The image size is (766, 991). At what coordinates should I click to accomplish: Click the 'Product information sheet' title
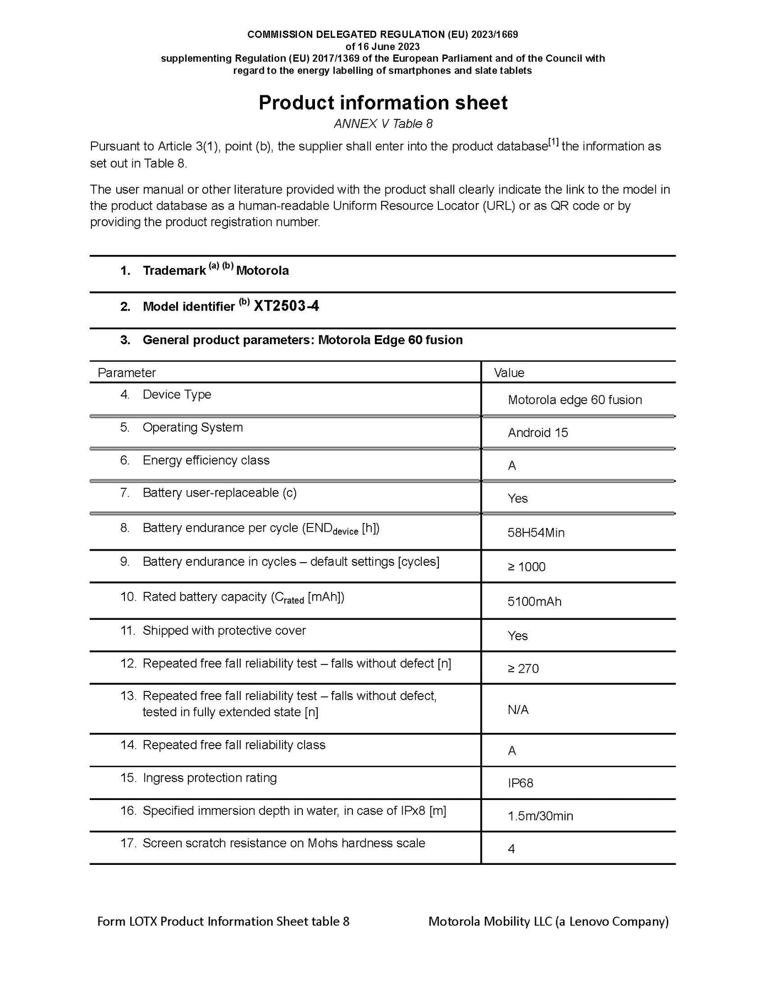(383, 103)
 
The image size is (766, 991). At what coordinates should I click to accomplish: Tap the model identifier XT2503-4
(286, 306)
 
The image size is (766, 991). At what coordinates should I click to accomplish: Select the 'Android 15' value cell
(537, 433)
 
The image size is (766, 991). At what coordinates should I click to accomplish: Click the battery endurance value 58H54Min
(536, 533)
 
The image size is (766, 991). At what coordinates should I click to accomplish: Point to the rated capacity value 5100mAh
(534, 602)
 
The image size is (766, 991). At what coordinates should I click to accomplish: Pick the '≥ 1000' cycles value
(526, 567)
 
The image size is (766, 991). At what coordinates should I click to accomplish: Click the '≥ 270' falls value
(523, 669)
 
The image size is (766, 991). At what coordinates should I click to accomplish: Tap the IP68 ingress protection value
(520, 783)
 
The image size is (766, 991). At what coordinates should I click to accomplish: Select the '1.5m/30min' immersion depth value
(540, 816)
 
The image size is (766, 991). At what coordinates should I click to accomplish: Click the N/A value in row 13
(518, 710)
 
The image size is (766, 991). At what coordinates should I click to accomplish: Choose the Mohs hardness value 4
(511, 849)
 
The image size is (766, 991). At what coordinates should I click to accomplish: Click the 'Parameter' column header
(127, 373)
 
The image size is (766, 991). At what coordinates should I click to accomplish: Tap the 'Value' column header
(509, 373)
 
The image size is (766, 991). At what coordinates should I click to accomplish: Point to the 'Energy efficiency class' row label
(206, 460)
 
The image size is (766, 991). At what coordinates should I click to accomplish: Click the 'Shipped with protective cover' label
(224, 630)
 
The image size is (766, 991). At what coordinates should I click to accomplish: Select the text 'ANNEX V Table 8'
(383, 124)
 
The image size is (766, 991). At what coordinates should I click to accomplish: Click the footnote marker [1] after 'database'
(553, 143)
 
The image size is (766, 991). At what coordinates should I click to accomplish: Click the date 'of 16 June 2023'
(383, 46)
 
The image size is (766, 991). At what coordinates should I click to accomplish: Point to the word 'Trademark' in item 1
(174, 271)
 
